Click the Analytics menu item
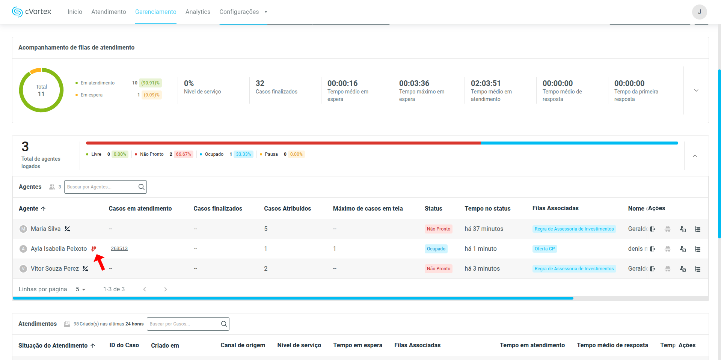click(198, 12)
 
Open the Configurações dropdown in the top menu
click(243, 12)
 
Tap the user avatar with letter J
click(699, 12)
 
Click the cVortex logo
click(32, 12)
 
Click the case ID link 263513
click(119, 249)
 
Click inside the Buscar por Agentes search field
click(101, 187)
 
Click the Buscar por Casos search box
click(184, 324)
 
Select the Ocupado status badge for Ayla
click(436, 249)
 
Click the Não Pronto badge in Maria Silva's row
click(438, 229)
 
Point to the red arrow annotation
click(100, 262)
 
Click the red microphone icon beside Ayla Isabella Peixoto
click(94, 249)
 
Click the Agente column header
click(29, 209)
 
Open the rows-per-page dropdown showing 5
click(81, 289)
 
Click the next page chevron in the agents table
click(166, 289)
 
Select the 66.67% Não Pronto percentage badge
click(183, 154)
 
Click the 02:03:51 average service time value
click(486, 83)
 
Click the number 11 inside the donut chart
click(41, 94)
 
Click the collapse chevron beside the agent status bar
click(695, 156)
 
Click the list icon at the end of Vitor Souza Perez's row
click(698, 269)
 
